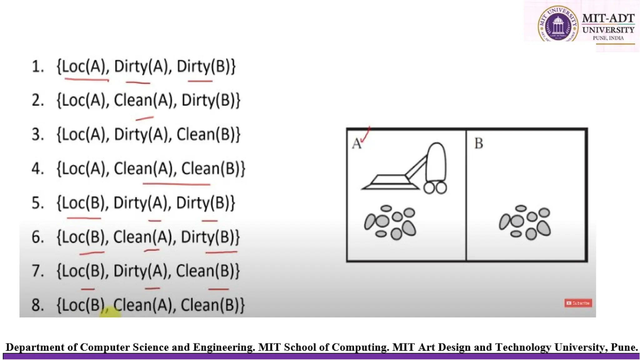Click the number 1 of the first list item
[37, 67]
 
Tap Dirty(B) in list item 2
[210, 101]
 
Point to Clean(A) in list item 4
[143, 169]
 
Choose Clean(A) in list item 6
[142, 237]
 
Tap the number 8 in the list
[37, 305]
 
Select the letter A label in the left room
[356, 144]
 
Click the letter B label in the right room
[478, 143]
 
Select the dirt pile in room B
[525, 222]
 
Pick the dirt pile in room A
[390, 222]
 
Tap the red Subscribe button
[578, 303]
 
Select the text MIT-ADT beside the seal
[608, 18]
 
